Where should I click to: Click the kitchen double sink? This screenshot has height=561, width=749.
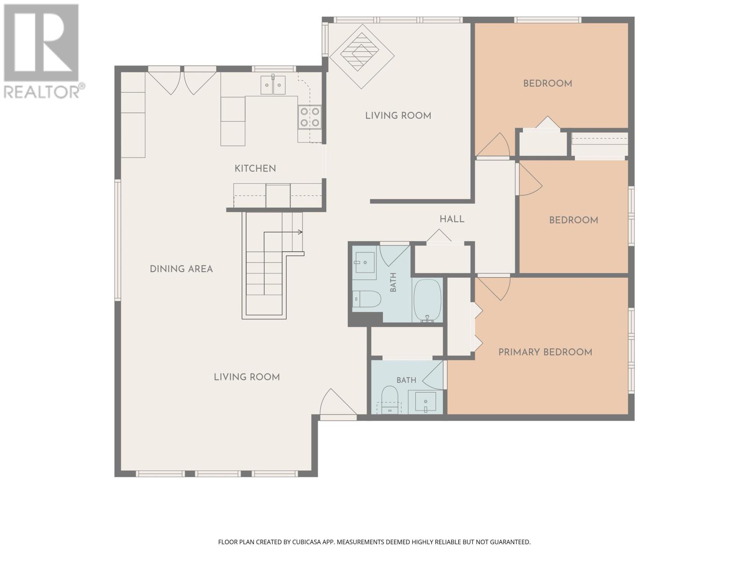tap(272, 85)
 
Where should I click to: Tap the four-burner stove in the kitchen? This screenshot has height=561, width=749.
tap(309, 116)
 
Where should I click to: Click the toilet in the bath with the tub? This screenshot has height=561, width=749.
tap(367, 299)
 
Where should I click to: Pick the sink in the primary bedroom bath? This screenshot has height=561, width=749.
tap(425, 402)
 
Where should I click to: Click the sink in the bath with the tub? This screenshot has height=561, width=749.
tap(365, 262)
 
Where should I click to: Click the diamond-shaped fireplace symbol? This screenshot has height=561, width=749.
tap(362, 56)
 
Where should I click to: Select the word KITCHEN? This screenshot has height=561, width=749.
tap(255, 168)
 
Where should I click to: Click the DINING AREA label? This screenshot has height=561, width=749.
tap(181, 269)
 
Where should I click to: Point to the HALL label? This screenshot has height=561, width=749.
tap(452, 219)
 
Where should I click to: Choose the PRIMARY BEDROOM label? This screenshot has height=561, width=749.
tap(545, 352)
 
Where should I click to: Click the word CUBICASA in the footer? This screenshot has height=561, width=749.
tap(308, 542)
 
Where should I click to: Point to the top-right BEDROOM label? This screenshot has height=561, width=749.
tap(547, 84)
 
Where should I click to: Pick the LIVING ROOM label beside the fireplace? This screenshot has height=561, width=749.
tap(398, 116)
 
